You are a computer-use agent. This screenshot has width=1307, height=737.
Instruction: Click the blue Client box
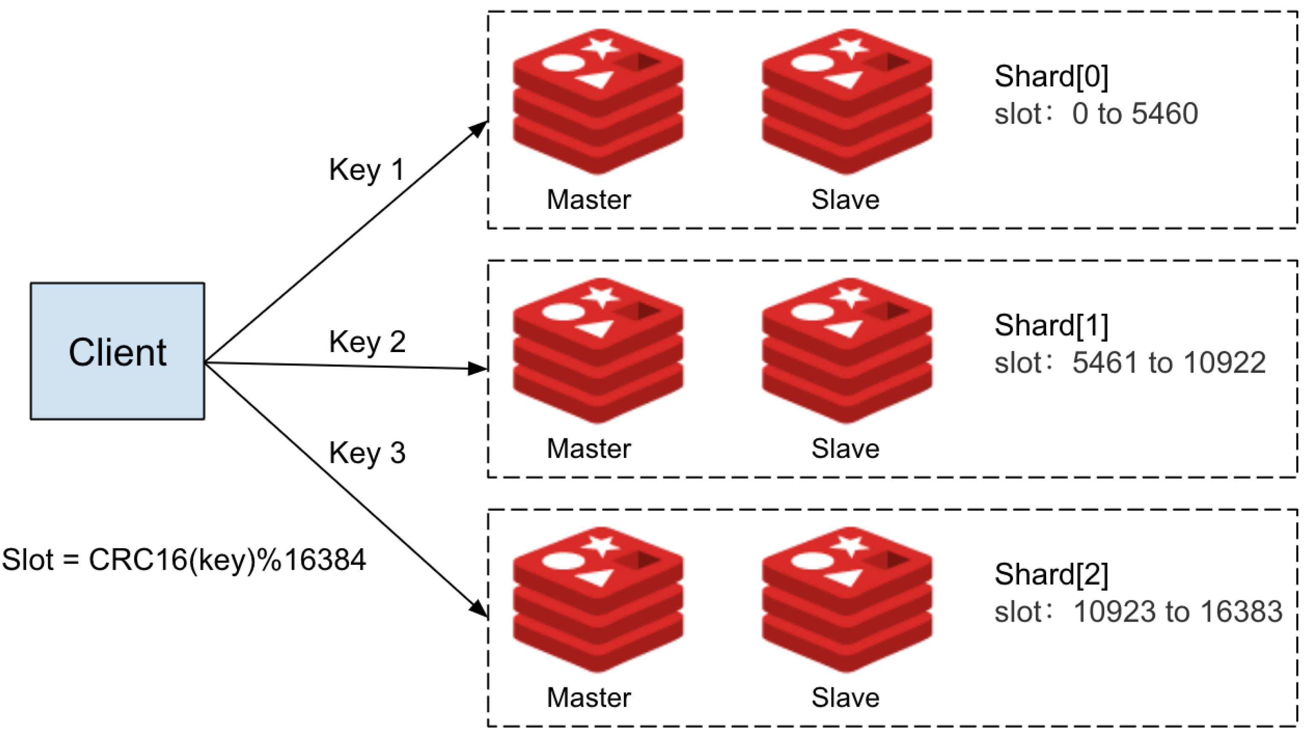(117, 351)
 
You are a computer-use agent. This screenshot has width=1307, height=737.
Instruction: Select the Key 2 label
(367, 342)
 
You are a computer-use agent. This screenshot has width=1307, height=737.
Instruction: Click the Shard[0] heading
(1051, 77)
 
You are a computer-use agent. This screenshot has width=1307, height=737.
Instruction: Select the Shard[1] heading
(1051, 326)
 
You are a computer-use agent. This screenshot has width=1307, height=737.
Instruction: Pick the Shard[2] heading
(1051, 575)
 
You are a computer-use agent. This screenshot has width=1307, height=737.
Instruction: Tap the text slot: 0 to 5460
(1096, 114)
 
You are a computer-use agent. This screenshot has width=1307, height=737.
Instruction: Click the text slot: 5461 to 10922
(1130, 363)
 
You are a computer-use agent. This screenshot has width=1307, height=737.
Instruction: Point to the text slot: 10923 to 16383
(1138, 612)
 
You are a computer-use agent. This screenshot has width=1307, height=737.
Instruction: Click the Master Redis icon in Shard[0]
(598, 101)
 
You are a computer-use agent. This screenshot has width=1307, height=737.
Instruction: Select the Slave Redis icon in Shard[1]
(847, 350)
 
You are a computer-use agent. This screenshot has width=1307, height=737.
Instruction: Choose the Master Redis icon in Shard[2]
(598, 600)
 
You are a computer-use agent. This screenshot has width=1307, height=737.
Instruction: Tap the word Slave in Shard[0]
(845, 199)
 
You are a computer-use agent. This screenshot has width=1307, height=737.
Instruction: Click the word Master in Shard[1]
(589, 449)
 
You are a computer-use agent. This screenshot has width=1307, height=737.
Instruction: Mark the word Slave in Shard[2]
(845, 697)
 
